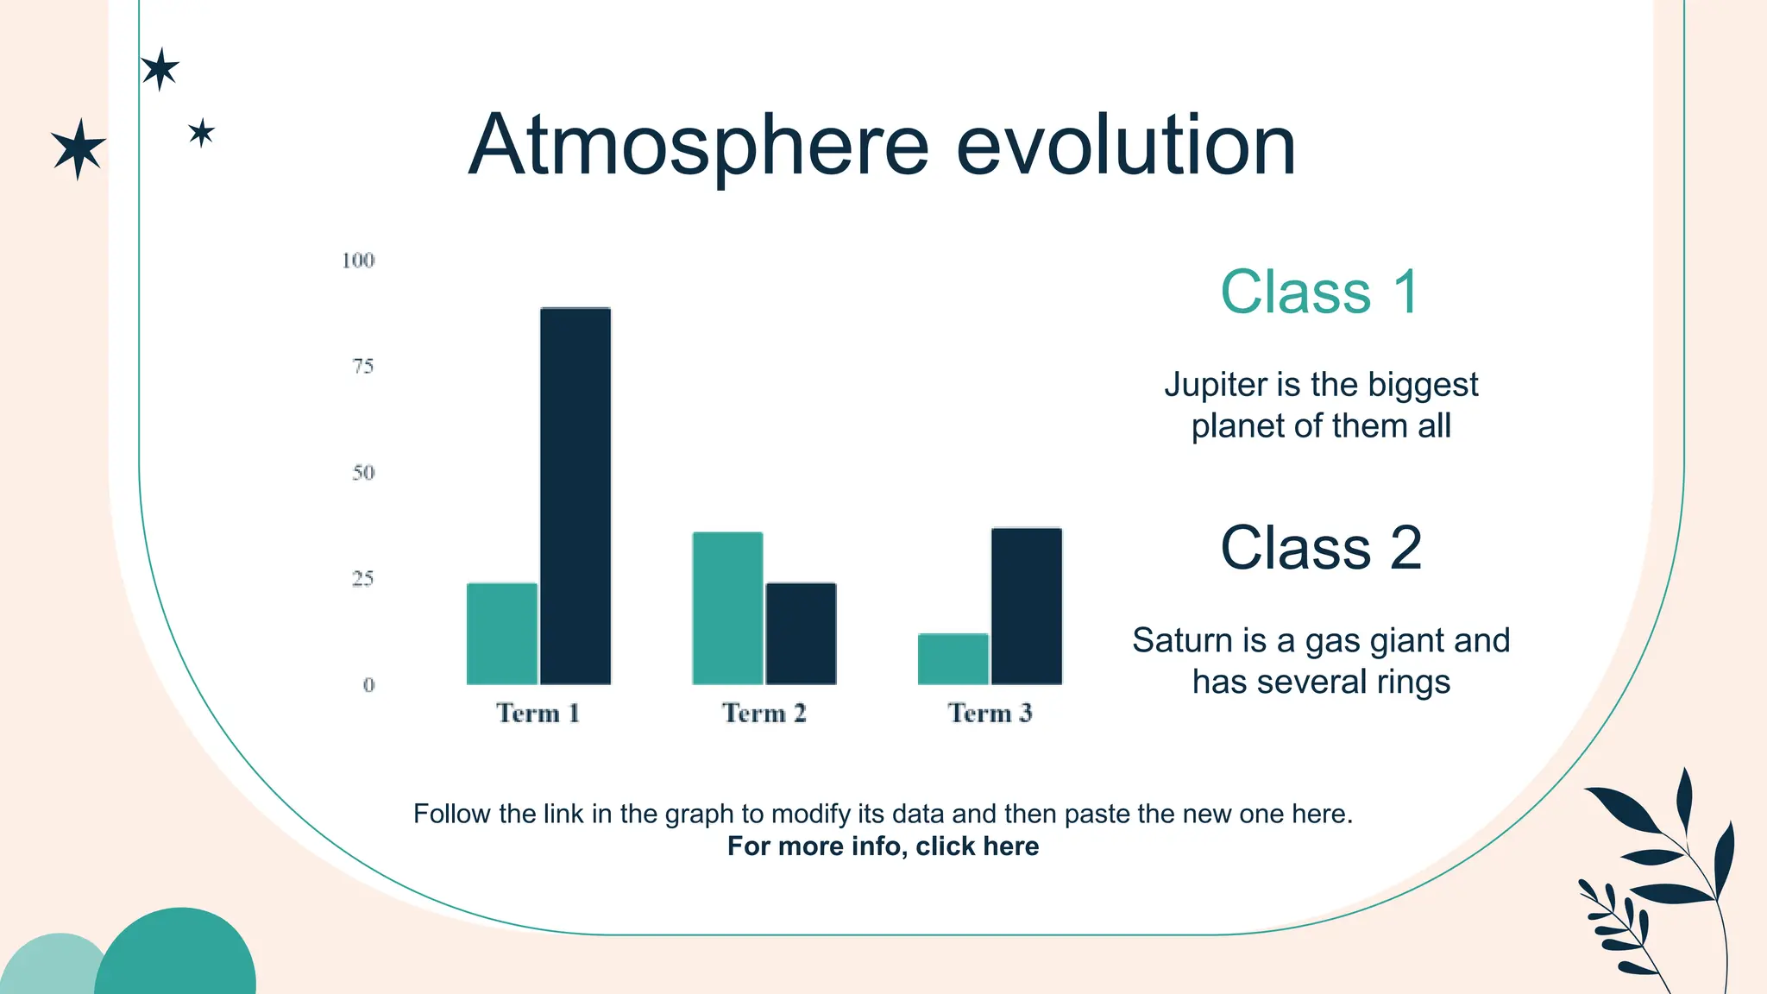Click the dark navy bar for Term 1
575,496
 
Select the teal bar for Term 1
501,634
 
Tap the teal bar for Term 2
727,608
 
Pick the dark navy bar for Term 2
801,634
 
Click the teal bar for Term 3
953,659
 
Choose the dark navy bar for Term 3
1026,606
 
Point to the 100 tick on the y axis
358,261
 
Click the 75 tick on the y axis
363,367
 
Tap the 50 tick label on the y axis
363,473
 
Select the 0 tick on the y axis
368,685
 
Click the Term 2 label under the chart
764,714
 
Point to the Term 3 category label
990,714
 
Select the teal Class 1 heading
1319,292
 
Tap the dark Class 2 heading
1320,548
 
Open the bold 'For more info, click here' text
883,846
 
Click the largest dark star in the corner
79,148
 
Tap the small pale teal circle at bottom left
52,966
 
